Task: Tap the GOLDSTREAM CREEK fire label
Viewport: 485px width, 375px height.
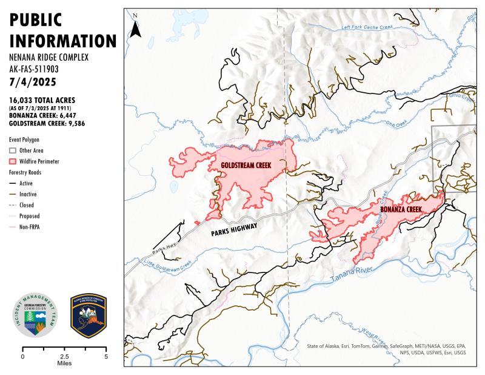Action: click(x=245, y=165)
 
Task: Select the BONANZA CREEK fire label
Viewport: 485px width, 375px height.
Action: click(x=401, y=209)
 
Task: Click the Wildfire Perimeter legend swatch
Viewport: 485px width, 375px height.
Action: click(x=14, y=161)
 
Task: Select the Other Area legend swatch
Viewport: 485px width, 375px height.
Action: click(x=14, y=150)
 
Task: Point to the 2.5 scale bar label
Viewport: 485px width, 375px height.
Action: click(x=64, y=356)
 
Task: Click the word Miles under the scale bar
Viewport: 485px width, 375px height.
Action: click(x=64, y=363)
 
